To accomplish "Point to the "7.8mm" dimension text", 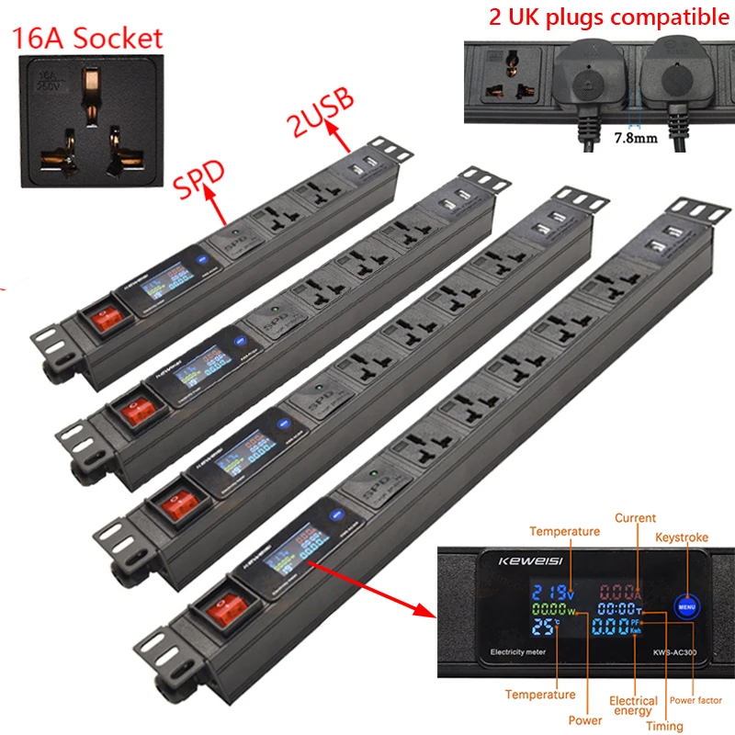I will (x=635, y=141).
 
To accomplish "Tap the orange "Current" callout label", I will (x=635, y=519).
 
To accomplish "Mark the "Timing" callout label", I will (x=664, y=726).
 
